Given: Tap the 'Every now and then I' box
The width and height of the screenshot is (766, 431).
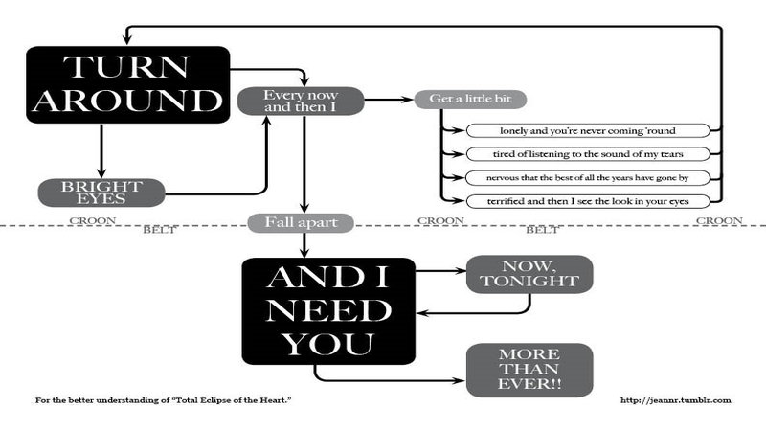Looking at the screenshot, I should (301, 102).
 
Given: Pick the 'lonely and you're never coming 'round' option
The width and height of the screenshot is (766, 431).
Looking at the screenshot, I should (587, 129).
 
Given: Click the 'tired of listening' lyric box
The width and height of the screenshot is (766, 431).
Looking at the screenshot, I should (587, 153).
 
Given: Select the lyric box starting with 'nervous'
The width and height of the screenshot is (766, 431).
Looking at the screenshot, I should (587, 177).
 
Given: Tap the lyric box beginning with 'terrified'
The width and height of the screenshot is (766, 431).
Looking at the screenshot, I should (587, 201).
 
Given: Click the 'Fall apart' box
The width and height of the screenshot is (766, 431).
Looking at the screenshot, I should (301, 222).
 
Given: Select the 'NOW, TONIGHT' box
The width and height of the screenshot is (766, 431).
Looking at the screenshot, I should (529, 273).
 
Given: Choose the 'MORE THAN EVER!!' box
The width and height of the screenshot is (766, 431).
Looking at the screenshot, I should (529, 370).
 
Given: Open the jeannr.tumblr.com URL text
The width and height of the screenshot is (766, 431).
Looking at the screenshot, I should (676, 400).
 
